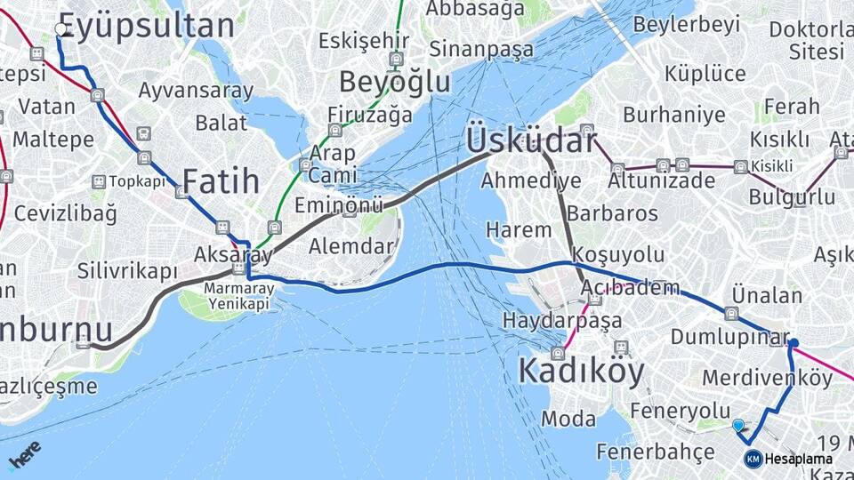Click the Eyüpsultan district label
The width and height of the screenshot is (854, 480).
coord(147,26)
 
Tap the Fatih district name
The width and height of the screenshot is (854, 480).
coord(221,181)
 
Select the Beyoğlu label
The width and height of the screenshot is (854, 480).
coord(395,82)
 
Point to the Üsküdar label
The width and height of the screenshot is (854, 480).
coord(530,140)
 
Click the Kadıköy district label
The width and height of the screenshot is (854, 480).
coord(581,371)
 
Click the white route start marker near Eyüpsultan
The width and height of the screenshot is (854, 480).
coord(60,29)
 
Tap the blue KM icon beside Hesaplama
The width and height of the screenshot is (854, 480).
coord(753,459)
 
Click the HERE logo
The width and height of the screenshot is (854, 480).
coord(24,454)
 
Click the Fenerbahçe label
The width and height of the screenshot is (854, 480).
coord(656,451)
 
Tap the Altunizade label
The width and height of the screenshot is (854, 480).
coord(661,181)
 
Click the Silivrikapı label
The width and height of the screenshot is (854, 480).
coord(127,271)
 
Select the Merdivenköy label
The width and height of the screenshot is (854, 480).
coord(768,378)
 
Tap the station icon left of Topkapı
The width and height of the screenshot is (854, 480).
coord(98,181)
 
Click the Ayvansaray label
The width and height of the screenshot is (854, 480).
coord(196,91)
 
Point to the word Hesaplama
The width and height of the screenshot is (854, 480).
coord(799,459)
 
